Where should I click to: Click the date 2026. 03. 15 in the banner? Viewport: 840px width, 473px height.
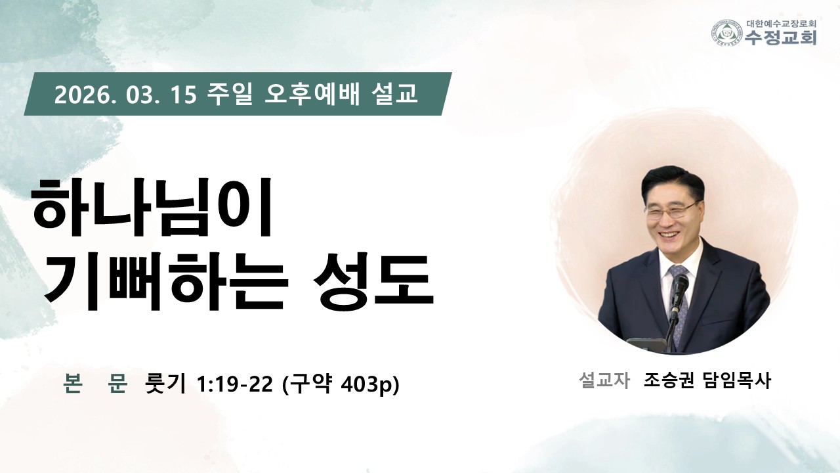(125, 94)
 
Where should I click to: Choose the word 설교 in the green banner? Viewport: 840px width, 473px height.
(393, 94)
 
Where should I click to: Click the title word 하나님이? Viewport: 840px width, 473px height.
(152, 208)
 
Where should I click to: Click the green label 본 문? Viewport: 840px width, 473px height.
(95, 384)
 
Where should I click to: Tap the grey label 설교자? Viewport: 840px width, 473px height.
(604, 380)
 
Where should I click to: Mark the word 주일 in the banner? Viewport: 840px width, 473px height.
(230, 94)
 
